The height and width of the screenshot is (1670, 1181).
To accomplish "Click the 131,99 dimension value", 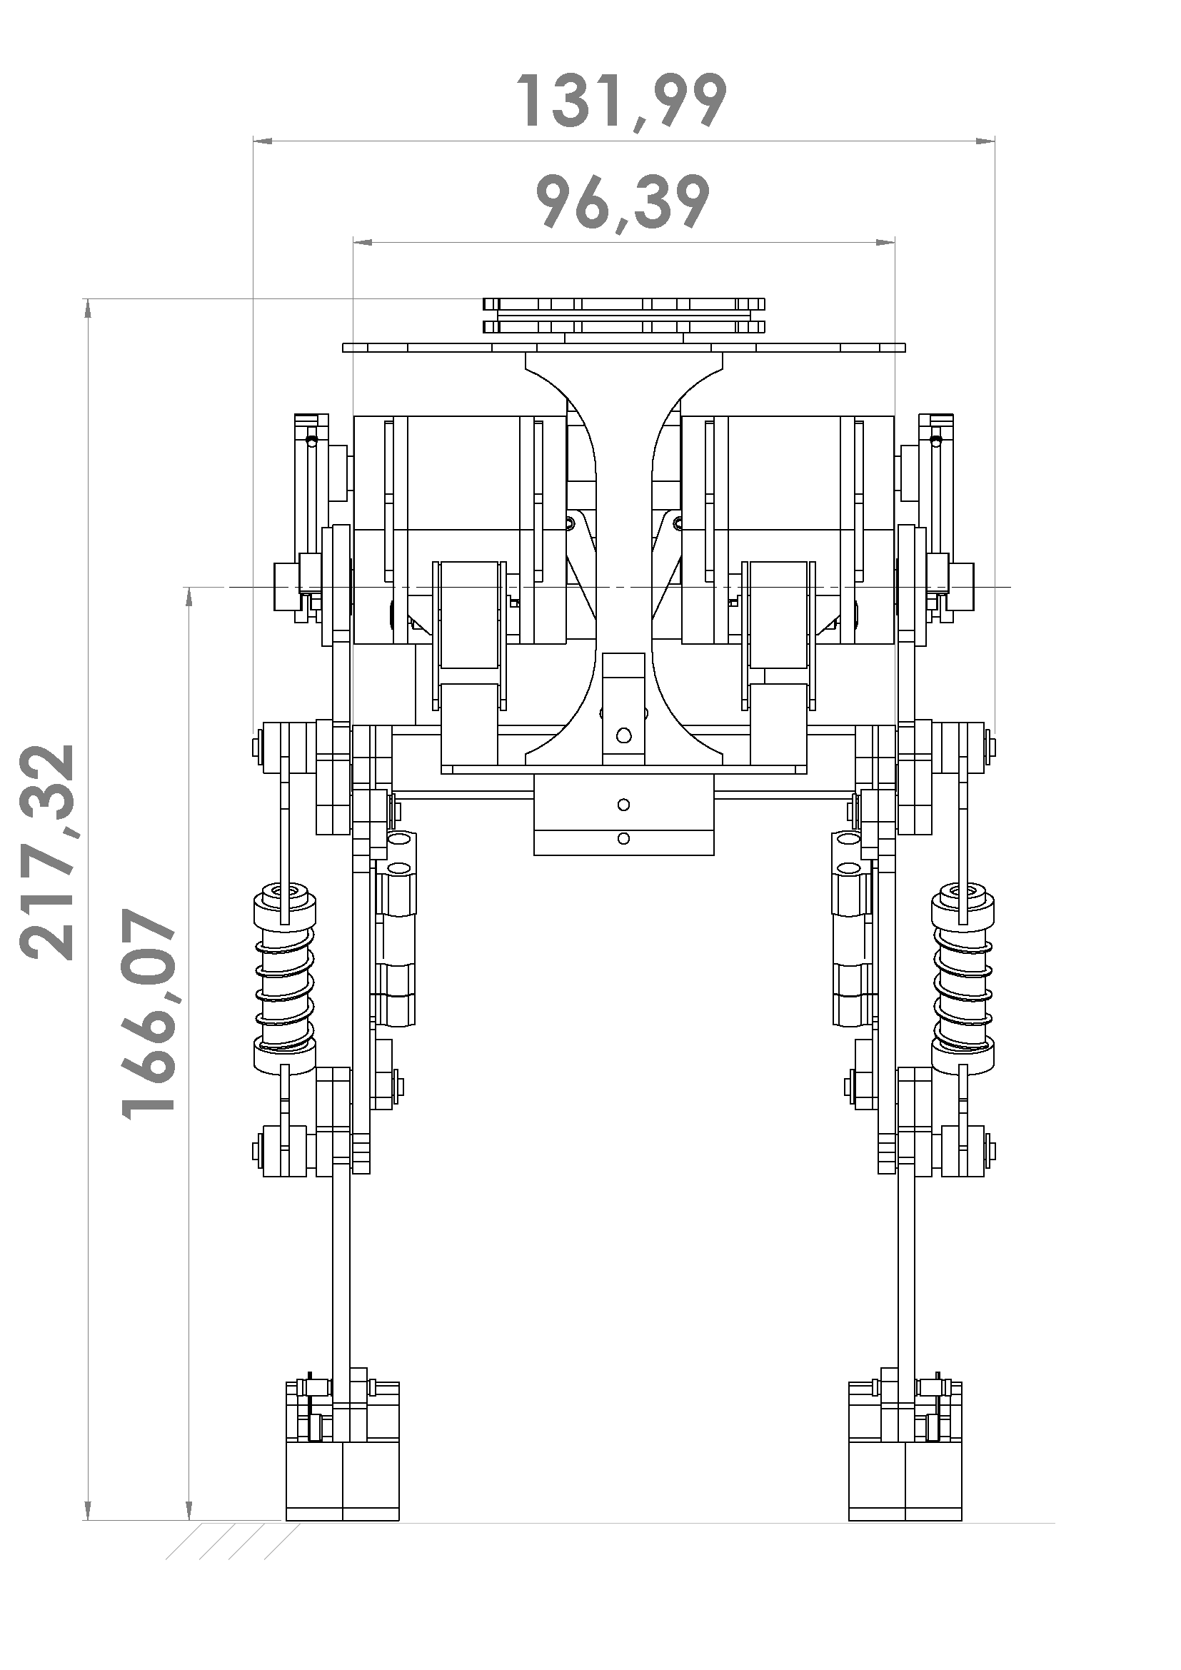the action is pyautogui.click(x=621, y=101).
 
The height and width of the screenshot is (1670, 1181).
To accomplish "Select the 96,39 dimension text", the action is pyautogui.click(x=623, y=202).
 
